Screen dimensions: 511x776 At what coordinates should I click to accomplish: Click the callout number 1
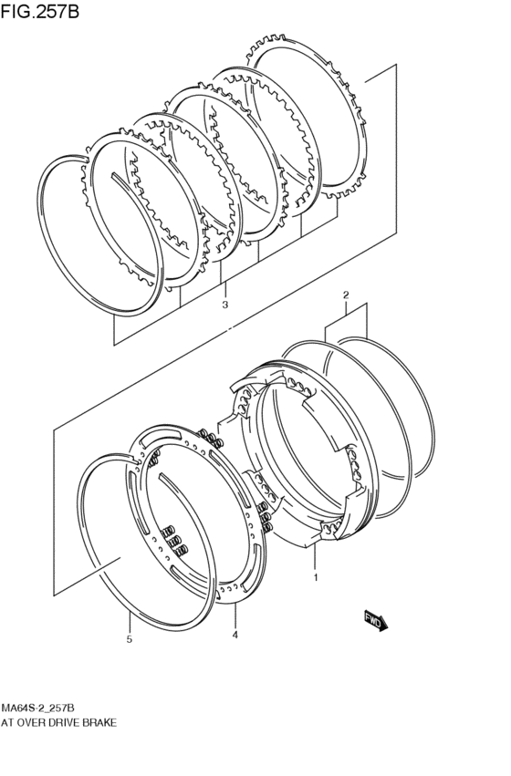point(316,577)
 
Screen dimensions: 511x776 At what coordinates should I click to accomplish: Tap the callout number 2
point(346,295)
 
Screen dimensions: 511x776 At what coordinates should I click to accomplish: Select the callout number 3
point(224,305)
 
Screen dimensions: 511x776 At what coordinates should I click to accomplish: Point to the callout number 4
point(235,635)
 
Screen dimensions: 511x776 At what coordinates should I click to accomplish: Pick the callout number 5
point(130,639)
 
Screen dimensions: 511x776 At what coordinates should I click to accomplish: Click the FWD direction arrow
point(376,620)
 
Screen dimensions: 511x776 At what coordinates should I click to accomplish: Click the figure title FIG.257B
point(39,11)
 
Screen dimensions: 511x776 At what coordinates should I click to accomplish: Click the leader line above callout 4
point(235,615)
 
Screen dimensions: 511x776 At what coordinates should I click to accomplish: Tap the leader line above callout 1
point(315,558)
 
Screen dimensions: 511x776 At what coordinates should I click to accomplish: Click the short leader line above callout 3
point(225,290)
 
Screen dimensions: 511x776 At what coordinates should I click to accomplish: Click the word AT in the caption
point(7,723)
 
